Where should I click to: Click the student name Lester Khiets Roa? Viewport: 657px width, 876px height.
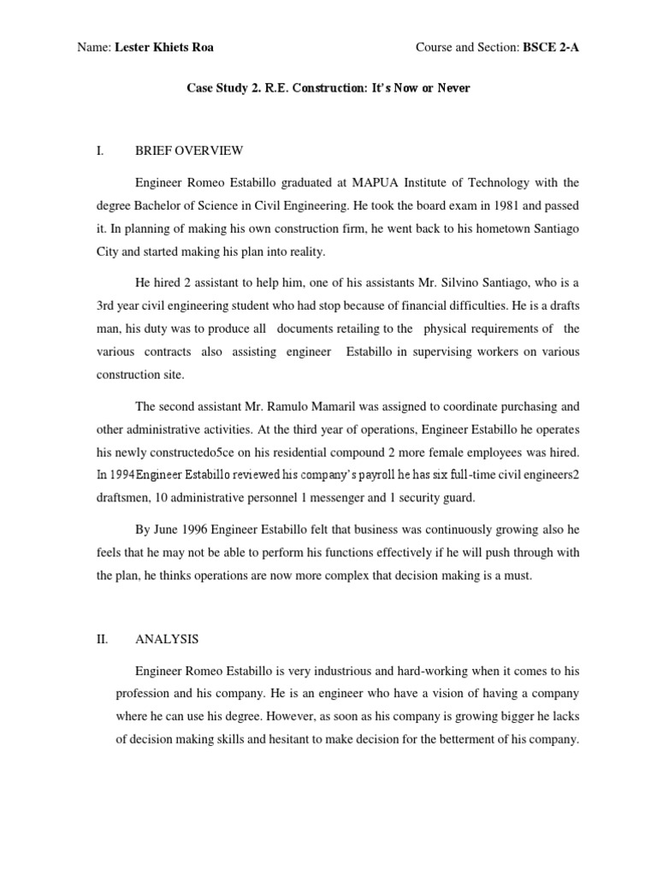click(165, 48)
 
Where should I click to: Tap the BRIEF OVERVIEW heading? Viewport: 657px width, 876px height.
click(189, 151)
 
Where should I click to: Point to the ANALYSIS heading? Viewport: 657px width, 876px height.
click(167, 638)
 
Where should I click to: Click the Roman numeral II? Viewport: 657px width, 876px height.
click(102, 638)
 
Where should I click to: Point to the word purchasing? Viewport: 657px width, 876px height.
click(518, 406)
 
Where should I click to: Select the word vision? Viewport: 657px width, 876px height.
click(427, 694)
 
